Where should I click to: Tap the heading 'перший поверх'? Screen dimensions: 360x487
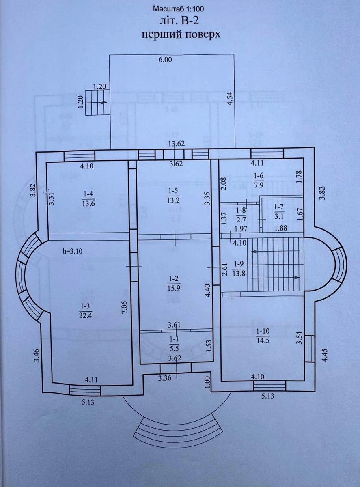[x=181, y=34]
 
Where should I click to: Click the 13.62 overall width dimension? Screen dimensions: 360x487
[x=177, y=144]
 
